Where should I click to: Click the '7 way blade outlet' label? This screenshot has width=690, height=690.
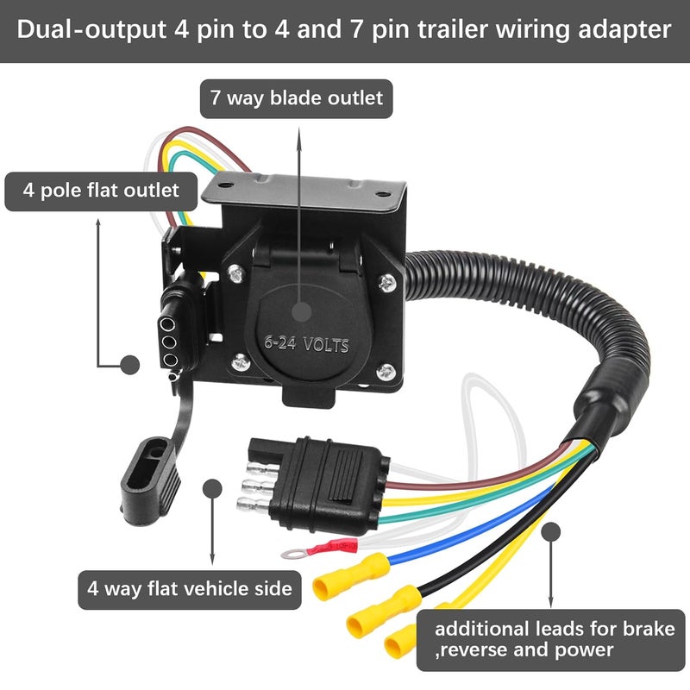click(296, 98)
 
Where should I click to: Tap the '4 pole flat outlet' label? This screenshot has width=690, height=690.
click(101, 191)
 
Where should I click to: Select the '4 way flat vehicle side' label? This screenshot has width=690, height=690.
click(190, 590)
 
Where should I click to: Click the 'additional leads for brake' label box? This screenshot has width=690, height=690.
click(550, 640)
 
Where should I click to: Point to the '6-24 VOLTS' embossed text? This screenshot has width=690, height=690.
click(307, 344)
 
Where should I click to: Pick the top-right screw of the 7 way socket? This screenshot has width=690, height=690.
click(387, 283)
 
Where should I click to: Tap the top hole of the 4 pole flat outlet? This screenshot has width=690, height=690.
click(167, 325)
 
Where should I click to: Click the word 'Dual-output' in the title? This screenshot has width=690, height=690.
click(91, 30)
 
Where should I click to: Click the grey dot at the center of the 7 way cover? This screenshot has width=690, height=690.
click(301, 311)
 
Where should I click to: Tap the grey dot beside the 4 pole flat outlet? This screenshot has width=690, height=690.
click(130, 365)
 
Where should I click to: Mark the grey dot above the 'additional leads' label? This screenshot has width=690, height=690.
click(550, 532)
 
